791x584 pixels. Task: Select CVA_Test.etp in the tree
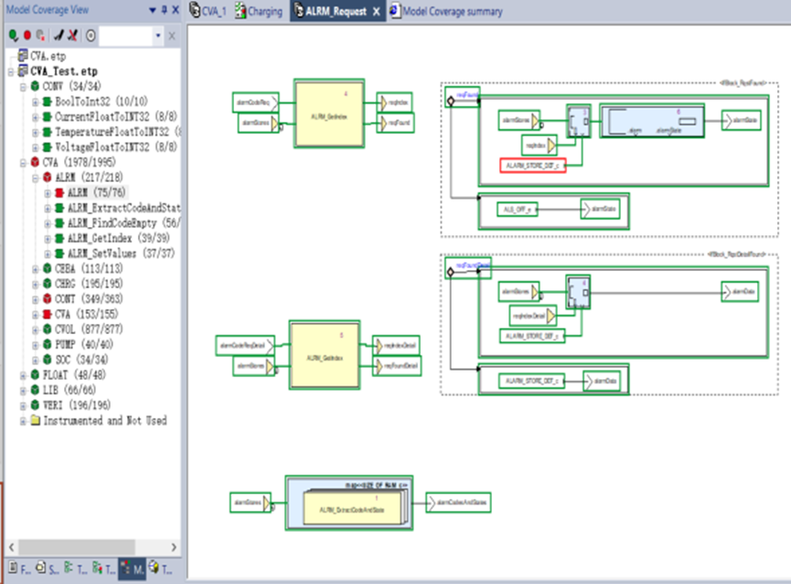click(x=63, y=70)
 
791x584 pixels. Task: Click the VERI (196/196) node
click(x=76, y=405)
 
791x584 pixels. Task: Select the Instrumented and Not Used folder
click(x=104, y=420)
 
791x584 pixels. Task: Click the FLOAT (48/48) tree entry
click(x=76, y=374)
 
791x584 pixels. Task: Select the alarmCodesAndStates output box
click(x=462, y=502)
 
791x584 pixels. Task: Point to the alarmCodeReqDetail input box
click(x=241, y=346)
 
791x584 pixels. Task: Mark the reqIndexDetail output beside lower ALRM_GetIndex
click(x=399, y=346)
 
